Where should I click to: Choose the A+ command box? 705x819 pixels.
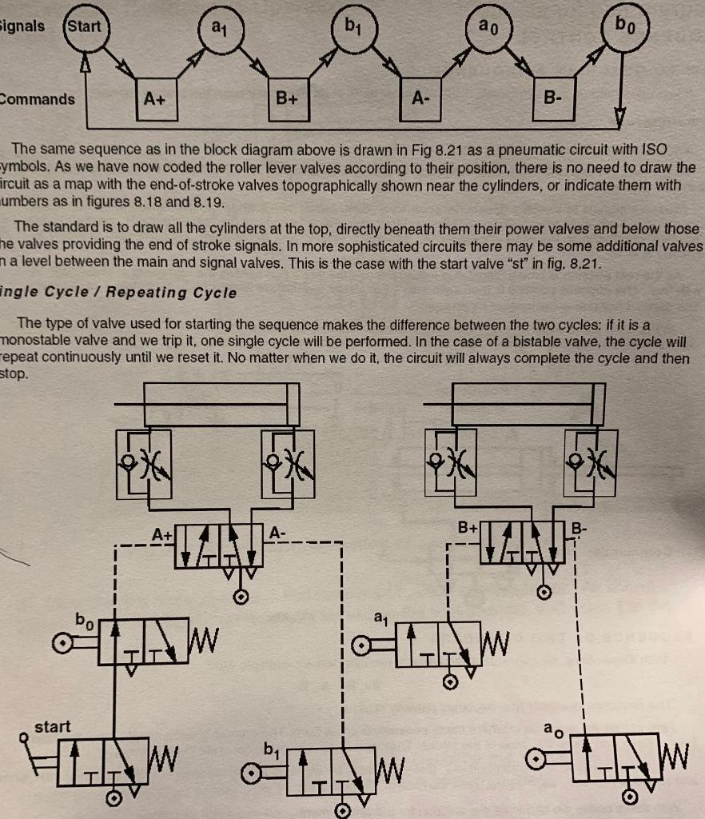pos(155,99)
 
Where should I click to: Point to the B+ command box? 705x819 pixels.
pos(287,99)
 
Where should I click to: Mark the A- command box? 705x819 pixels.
pos(420,99)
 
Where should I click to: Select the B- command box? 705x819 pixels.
pos(553,99)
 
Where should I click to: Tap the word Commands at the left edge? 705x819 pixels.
pos(38,99)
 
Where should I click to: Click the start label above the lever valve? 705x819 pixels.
pos(53,726)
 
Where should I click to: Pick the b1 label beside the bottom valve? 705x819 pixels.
pos(271,750)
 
